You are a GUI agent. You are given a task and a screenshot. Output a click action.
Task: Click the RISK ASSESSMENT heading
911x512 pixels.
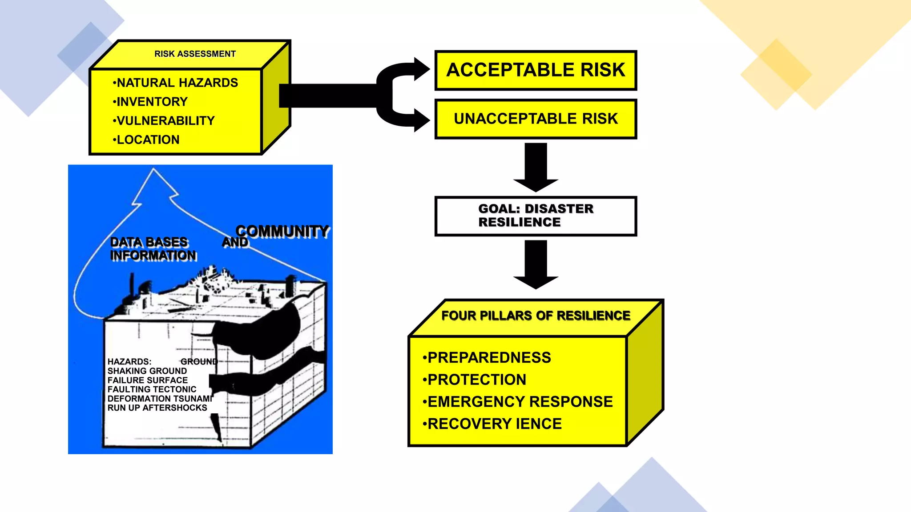coord(195,54)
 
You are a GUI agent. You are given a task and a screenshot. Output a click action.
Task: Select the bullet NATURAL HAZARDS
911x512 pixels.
coord(177,83)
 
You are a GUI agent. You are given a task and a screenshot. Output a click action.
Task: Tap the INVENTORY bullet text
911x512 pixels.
coord(151,102)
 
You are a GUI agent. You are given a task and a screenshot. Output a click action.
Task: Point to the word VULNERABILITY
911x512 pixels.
coord(165,121)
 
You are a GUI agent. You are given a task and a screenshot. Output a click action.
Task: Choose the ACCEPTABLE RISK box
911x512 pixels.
coord(536,70)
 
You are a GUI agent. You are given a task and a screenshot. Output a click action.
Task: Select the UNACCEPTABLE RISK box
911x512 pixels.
coord(536,119)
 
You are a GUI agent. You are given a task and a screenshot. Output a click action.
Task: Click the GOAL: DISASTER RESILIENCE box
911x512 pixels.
coord(536,216)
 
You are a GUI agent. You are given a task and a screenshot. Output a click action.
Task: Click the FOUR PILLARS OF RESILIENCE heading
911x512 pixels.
coord(536,316)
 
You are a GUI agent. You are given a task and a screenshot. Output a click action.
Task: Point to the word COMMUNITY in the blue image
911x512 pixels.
coord(282,232)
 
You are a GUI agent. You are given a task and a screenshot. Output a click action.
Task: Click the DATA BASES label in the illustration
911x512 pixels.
coord(149,242)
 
